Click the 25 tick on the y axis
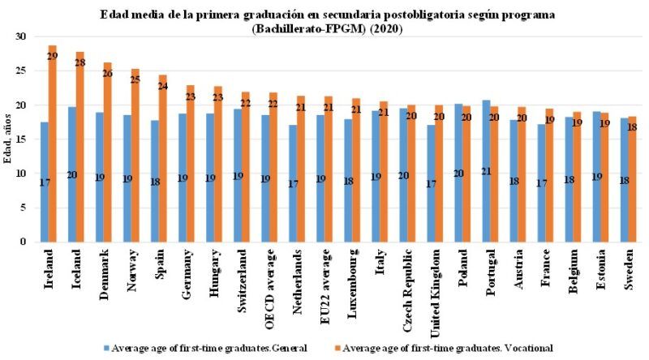point(21,71)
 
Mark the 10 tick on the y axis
point(21,174)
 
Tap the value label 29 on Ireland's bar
point(52,54)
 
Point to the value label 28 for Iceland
point(80,62)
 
